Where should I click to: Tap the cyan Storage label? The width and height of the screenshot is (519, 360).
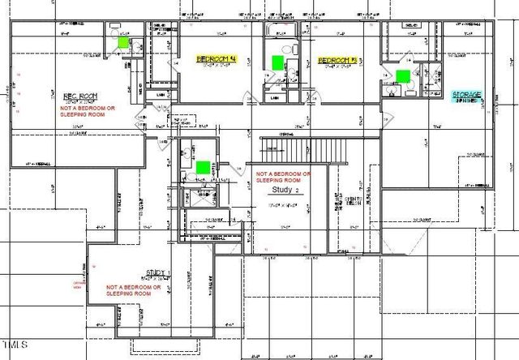(467, 95)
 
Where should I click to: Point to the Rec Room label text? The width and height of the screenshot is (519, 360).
(82, 95)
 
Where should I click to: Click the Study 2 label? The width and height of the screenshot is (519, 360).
(286, 190)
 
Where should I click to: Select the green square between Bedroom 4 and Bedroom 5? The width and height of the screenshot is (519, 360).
(278, 62)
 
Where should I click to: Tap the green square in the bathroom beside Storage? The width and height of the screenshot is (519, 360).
(402, 75)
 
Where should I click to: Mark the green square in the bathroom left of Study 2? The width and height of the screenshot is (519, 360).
(202, 167)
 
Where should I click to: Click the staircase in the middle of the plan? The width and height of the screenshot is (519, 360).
(304, 149)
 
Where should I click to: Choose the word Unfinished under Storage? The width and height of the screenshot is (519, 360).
(467, 103)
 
